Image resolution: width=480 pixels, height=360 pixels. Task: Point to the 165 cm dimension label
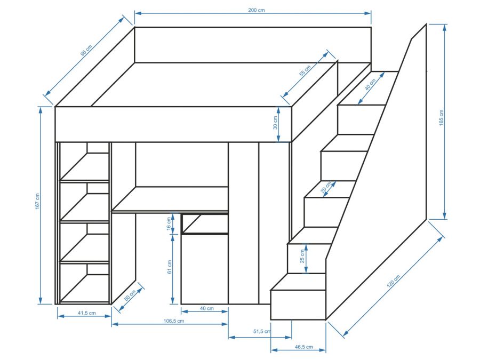[x=441, y=118]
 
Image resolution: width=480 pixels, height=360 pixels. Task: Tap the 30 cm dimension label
[x=275, y=124]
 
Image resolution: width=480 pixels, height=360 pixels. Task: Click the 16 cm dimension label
[x=169, y=224]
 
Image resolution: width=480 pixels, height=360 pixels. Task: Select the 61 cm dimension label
[x=169, y=267]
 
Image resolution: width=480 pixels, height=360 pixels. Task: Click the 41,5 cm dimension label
[x=85, y=313]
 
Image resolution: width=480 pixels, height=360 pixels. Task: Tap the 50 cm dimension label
[x=130, y=296]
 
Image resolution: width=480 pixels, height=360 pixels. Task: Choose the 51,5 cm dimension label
[x=262, y=332]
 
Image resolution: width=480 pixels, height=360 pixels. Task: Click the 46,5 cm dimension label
[x=303, y=347]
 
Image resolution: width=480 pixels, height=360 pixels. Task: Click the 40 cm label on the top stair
[x=370, y=84]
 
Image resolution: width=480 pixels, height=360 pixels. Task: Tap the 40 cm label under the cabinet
[x=206, y=309]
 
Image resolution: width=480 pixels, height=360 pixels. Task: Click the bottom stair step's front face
[x=298, y=305]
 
